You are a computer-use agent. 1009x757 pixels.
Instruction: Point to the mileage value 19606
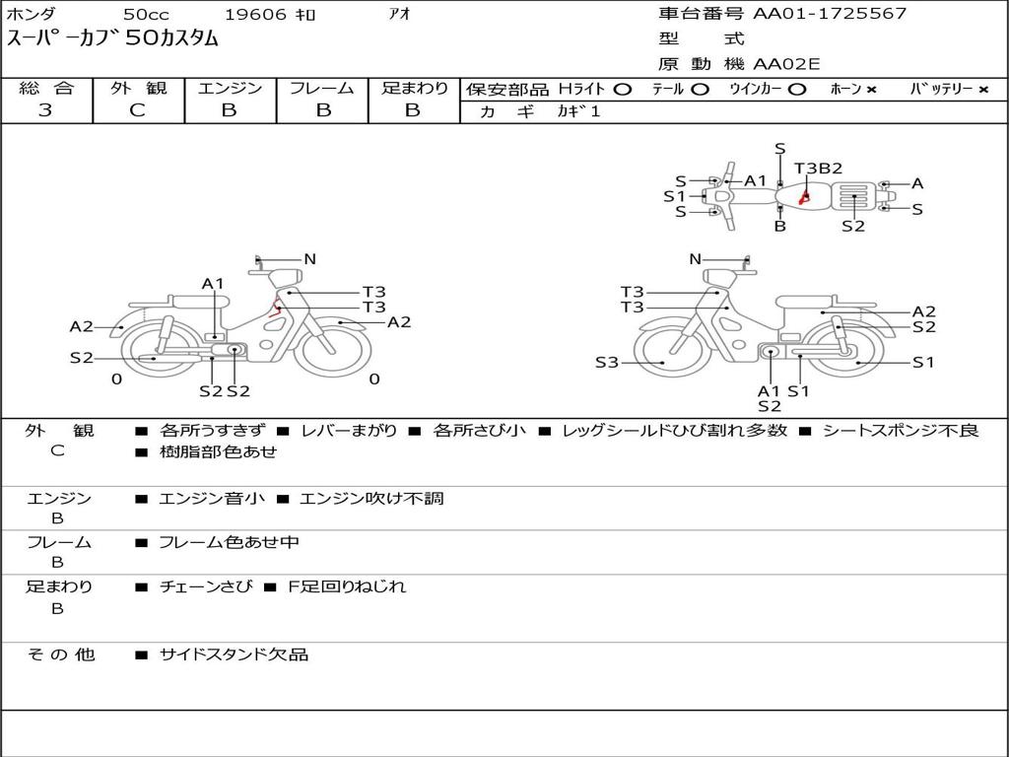point(255,14)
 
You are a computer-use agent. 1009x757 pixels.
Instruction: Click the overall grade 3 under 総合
point(45,110)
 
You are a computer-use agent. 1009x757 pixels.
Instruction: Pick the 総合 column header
point(46,88)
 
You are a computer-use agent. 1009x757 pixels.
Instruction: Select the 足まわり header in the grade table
point(414,88)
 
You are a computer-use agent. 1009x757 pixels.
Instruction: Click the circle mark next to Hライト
point(622,89)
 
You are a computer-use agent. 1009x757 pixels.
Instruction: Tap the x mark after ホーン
point(871,90)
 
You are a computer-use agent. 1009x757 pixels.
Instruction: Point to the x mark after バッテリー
point(983,90)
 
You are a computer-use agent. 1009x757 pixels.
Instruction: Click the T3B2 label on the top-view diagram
point(818,168)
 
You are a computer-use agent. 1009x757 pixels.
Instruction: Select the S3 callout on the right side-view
point(607,363)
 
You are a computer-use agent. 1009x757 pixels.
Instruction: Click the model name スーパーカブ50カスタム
point(112,39)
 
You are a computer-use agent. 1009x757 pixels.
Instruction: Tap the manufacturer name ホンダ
point(31,14)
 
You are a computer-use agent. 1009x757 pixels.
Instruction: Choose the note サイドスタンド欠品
point(234,654)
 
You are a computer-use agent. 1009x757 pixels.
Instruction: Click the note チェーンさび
point(205,586)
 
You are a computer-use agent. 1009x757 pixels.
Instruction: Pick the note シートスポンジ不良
point(901,431)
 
